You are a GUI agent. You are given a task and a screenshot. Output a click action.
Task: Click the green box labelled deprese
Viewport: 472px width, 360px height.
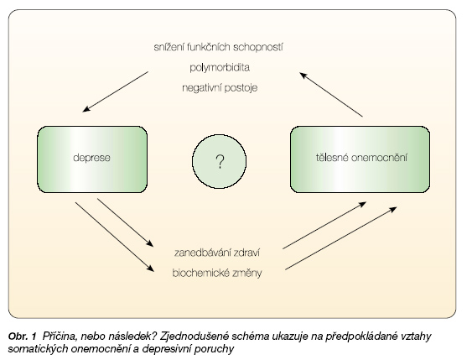click(x=92, y=159)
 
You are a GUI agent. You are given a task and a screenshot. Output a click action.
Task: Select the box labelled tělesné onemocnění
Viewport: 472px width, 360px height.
click(x=360, y=159)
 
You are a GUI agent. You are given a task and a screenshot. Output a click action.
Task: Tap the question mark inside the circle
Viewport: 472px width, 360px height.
click(x=220, y=162)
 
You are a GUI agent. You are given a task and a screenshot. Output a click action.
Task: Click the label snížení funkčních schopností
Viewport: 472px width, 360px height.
click(x=218, y=47)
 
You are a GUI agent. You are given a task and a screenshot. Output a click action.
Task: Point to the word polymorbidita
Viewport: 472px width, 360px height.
click(x=220, y=67)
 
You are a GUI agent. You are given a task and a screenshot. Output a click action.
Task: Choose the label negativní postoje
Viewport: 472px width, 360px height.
click(x=220, y=88)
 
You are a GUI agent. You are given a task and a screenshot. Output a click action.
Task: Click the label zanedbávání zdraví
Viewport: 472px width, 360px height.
click(x=217, y=253)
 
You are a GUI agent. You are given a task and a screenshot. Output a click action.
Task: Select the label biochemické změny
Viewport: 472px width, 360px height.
click(x=217, y=273)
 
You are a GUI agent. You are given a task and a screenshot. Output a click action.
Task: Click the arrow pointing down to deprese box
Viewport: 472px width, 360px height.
click(x=116, y=91)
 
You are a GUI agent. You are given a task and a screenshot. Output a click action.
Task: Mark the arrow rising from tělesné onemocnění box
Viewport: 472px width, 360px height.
click(x=331, y=94)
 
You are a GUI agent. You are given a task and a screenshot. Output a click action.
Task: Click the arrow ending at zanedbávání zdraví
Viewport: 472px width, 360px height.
click(x=125, y=222)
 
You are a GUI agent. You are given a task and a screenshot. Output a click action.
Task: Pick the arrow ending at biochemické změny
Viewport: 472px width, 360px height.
click(x=115, y=237)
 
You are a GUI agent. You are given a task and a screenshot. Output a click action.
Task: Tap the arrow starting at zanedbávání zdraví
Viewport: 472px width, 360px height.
click(x=324, y=226)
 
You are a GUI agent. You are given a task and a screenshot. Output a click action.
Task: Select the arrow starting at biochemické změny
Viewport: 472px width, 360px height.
click(x=341, y=238)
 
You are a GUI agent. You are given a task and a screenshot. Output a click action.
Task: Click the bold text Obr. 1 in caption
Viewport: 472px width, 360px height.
click(x=23, y=336)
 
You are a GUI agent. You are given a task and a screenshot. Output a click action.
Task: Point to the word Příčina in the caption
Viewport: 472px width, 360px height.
click(x=60, y=337)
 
